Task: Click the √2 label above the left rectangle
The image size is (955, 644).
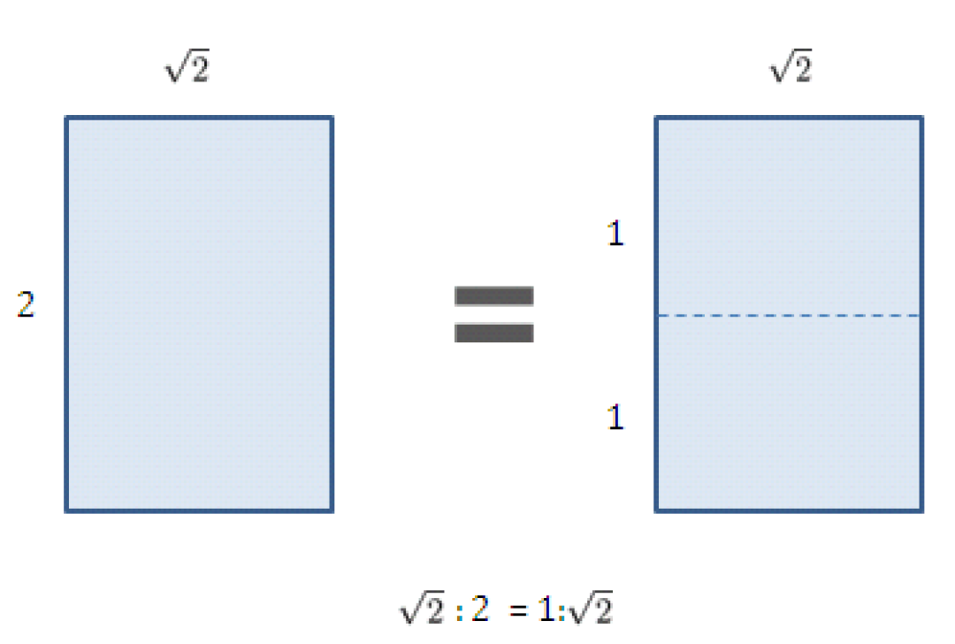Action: [x=187, y=65]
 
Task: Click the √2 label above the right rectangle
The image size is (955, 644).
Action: [x=791, y=65]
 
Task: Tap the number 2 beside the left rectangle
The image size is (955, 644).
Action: [x=26, y=304]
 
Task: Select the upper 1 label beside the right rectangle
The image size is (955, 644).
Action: [x=615, y=234]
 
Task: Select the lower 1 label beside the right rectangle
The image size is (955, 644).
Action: [x=615, y=418]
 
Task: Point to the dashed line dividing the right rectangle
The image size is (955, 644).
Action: [x=790, y=316]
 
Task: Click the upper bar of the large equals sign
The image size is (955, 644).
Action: [x=494, y=296]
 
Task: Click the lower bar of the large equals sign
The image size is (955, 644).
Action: [x=494, y=333]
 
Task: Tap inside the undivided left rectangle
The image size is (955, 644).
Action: [x=199, y=314]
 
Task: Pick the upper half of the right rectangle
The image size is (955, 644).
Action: [x=790, y=217]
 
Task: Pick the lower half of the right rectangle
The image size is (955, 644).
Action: [x=790, y=414]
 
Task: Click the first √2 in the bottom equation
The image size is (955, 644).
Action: [x=422, y=608]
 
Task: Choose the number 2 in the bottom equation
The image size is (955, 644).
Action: [x=480, y=609]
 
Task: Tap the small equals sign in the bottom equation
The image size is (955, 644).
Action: [x=517, y=609]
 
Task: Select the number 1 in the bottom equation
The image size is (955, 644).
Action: [x=546, y=609]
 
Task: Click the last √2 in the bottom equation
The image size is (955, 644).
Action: [x=590, y=608]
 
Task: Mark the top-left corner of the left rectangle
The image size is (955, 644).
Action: [x=65, y=117]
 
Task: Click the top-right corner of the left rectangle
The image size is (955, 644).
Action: [x=332, y=117]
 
